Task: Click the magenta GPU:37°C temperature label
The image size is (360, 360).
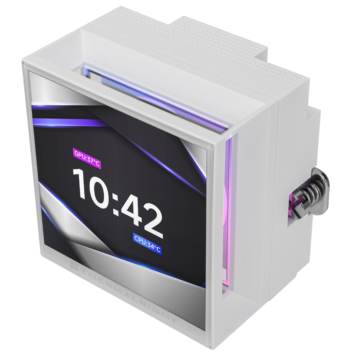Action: coord(87,158)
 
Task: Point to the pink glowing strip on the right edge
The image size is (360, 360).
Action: coord(228,209)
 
